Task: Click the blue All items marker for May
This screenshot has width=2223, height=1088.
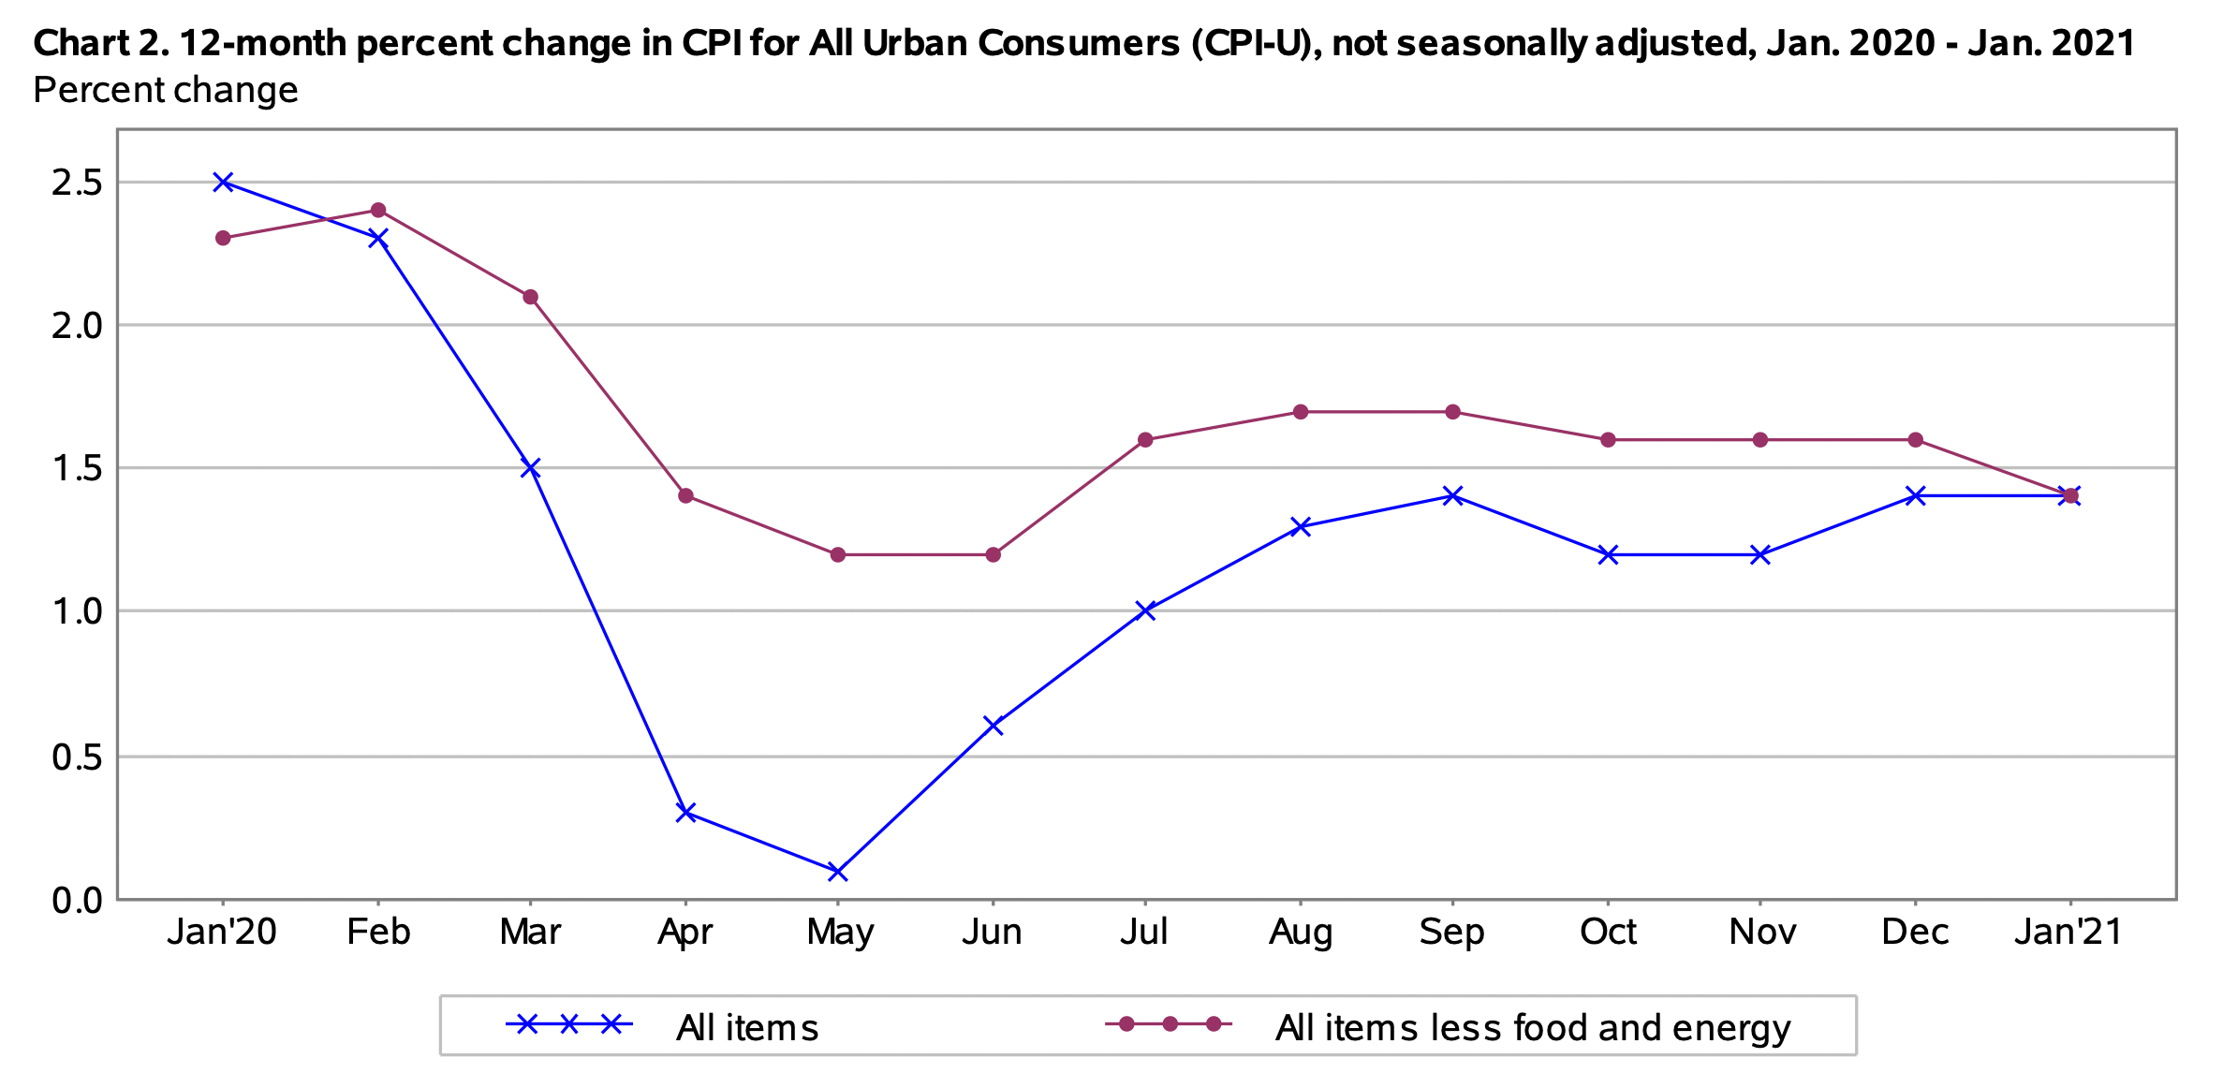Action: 838,872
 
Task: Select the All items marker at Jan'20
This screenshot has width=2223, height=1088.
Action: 223,182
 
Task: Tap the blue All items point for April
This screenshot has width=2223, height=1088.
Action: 685,812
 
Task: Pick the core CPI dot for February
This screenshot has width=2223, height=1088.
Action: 378,210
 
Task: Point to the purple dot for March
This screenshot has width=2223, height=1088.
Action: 530,297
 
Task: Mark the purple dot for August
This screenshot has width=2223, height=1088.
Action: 1301,412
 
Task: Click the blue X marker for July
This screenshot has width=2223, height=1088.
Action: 1145,610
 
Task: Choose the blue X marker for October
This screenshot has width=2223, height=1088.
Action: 1608,554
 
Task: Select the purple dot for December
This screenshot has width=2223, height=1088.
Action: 1916,439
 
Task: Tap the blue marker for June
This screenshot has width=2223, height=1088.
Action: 994,725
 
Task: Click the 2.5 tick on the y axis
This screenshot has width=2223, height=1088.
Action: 77,183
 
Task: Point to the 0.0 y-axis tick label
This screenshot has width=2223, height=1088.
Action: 77,901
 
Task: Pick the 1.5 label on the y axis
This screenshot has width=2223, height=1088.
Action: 77,468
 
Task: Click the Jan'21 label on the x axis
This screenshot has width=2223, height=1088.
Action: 2069,932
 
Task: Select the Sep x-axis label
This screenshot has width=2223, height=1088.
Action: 1451,932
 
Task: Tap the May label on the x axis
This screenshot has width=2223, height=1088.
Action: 840,933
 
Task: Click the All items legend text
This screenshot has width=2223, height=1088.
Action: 747,1028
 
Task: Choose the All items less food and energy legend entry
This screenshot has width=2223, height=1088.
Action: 1532,1028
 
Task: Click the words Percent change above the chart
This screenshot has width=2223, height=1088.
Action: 166,90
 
